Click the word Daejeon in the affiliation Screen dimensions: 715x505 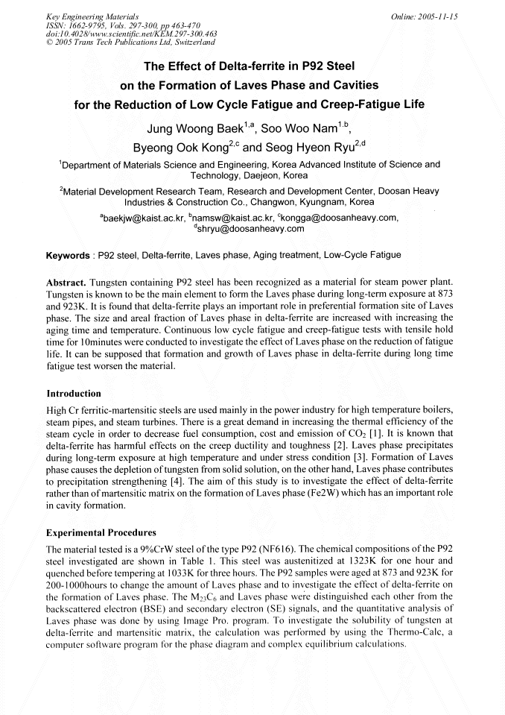(x=263, y=176)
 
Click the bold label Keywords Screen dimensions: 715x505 (x=68, y=256)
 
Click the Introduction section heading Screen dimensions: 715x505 (x=74, y=393)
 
